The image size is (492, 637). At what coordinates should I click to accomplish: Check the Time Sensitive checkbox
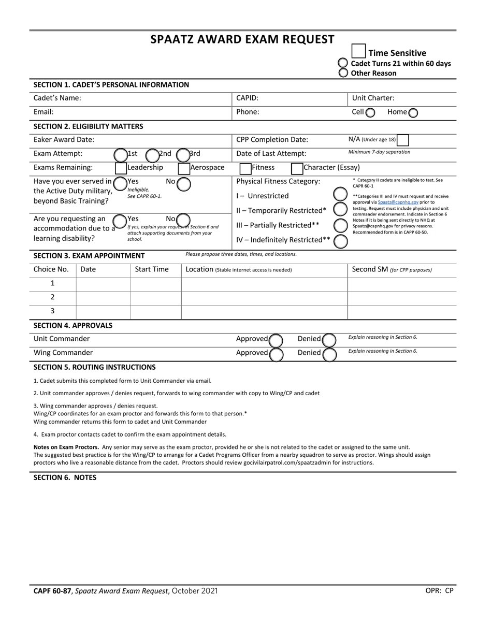click(358, 51)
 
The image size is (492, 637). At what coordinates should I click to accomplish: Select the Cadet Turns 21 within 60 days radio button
click(343, 63)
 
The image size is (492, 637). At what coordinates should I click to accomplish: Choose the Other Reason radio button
click(343, 73)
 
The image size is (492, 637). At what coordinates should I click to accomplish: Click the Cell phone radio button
click(370, 112)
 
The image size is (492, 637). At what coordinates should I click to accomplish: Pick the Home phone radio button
click(413, 112)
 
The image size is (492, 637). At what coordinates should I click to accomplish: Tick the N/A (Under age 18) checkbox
click(402, 140)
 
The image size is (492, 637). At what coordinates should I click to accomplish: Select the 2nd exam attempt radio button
click(152, 155)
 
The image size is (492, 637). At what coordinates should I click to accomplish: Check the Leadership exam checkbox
click(121, 168)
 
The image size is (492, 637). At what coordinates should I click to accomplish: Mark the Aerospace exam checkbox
click(184, 168)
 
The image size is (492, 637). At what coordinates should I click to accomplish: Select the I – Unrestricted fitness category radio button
click(340, 195)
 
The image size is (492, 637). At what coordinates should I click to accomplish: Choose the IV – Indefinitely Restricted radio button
click(340, 241)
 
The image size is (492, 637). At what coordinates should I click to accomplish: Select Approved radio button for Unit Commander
click(276, 340)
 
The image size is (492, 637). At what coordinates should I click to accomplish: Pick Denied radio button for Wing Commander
click(329, 354)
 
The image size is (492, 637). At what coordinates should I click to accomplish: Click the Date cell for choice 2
click(103, 297)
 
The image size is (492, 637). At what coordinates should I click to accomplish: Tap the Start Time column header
click(152, 269)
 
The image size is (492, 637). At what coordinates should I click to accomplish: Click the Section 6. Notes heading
click(65, 477)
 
